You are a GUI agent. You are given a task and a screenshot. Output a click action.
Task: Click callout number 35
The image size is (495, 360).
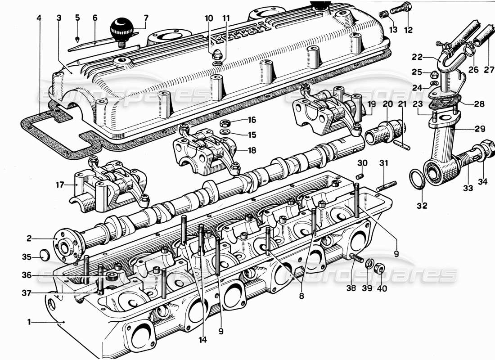click(x=27, y=257)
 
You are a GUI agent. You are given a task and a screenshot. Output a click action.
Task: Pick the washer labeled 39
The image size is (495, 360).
click(x=368, y=264)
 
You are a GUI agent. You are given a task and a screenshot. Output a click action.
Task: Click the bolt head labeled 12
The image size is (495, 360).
click(x=405, y=8)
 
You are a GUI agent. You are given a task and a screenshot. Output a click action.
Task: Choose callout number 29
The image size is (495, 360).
click(x=480, y=129)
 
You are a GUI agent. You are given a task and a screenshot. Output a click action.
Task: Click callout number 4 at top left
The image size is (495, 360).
click(x=39, y=18)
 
